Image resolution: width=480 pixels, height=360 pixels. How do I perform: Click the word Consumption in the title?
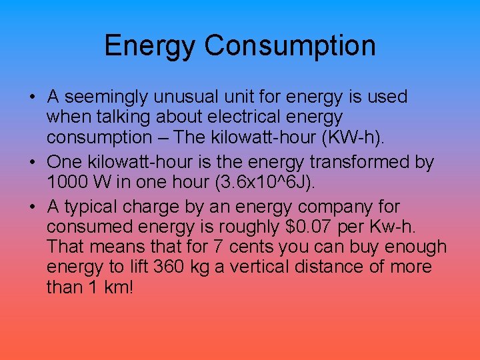click(x=290, y=45)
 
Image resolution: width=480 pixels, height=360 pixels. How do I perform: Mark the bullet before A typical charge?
click(x=33, y=207)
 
